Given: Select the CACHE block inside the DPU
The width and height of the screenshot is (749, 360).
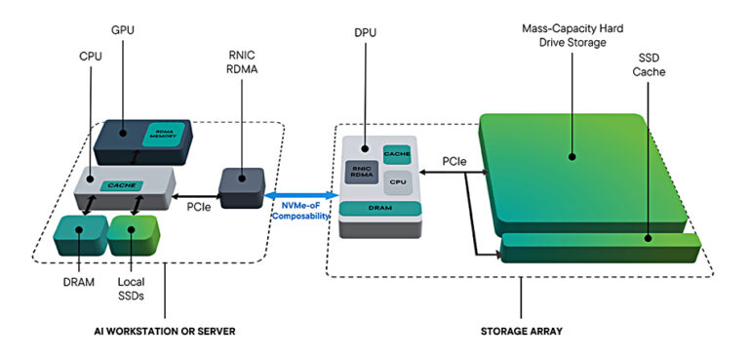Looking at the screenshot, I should click(x=396, y=154).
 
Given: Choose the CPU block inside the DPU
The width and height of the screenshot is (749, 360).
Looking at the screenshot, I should click(x=397, y=180).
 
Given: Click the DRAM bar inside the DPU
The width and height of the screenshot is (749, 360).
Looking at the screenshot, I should click(x=379, y=208).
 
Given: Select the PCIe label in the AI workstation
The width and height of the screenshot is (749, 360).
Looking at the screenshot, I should click(x=198, y=206).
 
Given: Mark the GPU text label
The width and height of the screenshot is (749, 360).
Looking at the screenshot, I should click(x=124, y=31).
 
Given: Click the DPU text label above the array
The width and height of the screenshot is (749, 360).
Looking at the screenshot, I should click(x=366, y=31).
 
